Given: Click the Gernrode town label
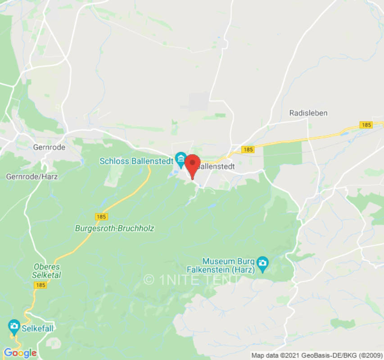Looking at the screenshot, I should (x=49, y=147).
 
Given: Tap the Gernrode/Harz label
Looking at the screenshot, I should (x=32, y=177).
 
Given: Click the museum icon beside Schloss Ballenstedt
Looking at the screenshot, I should (x=181, y=158).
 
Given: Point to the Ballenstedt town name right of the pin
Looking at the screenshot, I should (x=216, y=166).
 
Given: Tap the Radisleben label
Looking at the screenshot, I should (x=308, y=113).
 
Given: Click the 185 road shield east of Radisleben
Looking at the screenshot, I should (x=366, y=125).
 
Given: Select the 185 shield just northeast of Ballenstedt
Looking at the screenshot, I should (x=248, y=149).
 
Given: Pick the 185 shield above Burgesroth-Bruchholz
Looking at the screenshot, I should (x=102, y=216).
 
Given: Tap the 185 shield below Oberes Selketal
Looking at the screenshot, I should (x=40, y=285).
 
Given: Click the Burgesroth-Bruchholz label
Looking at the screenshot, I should (x=114, y=228).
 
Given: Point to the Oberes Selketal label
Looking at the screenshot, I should (x=46, y=270).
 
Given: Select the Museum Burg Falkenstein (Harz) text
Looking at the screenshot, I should (x=229, y=265).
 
